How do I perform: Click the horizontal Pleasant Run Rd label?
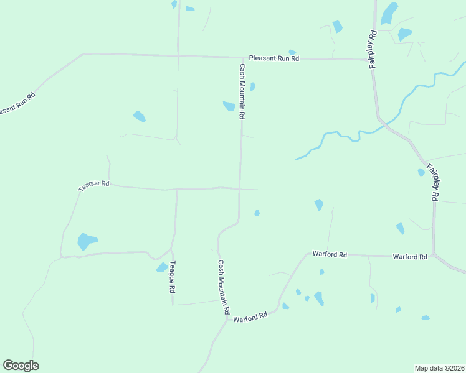pyautogui.click(x=274, y=58)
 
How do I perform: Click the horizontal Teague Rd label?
pyautogui.click(x=94, y=185)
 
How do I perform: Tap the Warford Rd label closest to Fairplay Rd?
pyautogui.click(x=409, y=256)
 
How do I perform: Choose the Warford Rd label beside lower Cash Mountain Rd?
pyautogui.click(x=250, y=317)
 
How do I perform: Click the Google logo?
pyautogui.click(x=21, y=365)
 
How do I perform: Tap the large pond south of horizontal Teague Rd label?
pyautogui.click(x=87, y=241)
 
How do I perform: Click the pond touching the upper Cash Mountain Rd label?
pyautogui.click(x=229, y=106)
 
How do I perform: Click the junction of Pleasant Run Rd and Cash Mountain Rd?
pyautogui.click(x=241, y=57)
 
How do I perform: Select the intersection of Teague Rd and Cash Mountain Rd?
pyautogui.click(x=240, y=188)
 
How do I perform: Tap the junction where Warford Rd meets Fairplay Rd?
pyautogui.click(x=434, y=255)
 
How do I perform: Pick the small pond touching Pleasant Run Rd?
pyautogui.click(x=292, y=53)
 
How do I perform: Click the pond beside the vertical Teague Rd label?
pyautogui.click(x=162, y=267)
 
